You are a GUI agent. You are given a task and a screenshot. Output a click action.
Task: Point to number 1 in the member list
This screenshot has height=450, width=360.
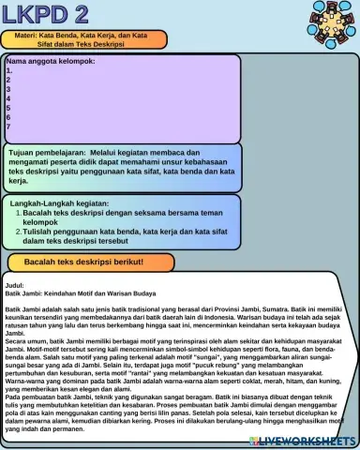click(8, 70)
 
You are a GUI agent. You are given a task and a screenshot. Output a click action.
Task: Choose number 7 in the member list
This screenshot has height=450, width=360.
click(8, 127)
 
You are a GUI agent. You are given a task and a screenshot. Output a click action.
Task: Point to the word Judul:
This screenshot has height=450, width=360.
click(16, 283)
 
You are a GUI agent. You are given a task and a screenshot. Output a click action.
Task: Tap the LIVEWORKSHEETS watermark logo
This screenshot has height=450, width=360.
click(302, 440)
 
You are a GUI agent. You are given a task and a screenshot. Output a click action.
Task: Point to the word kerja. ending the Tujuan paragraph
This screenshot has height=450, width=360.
click(20, 181)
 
